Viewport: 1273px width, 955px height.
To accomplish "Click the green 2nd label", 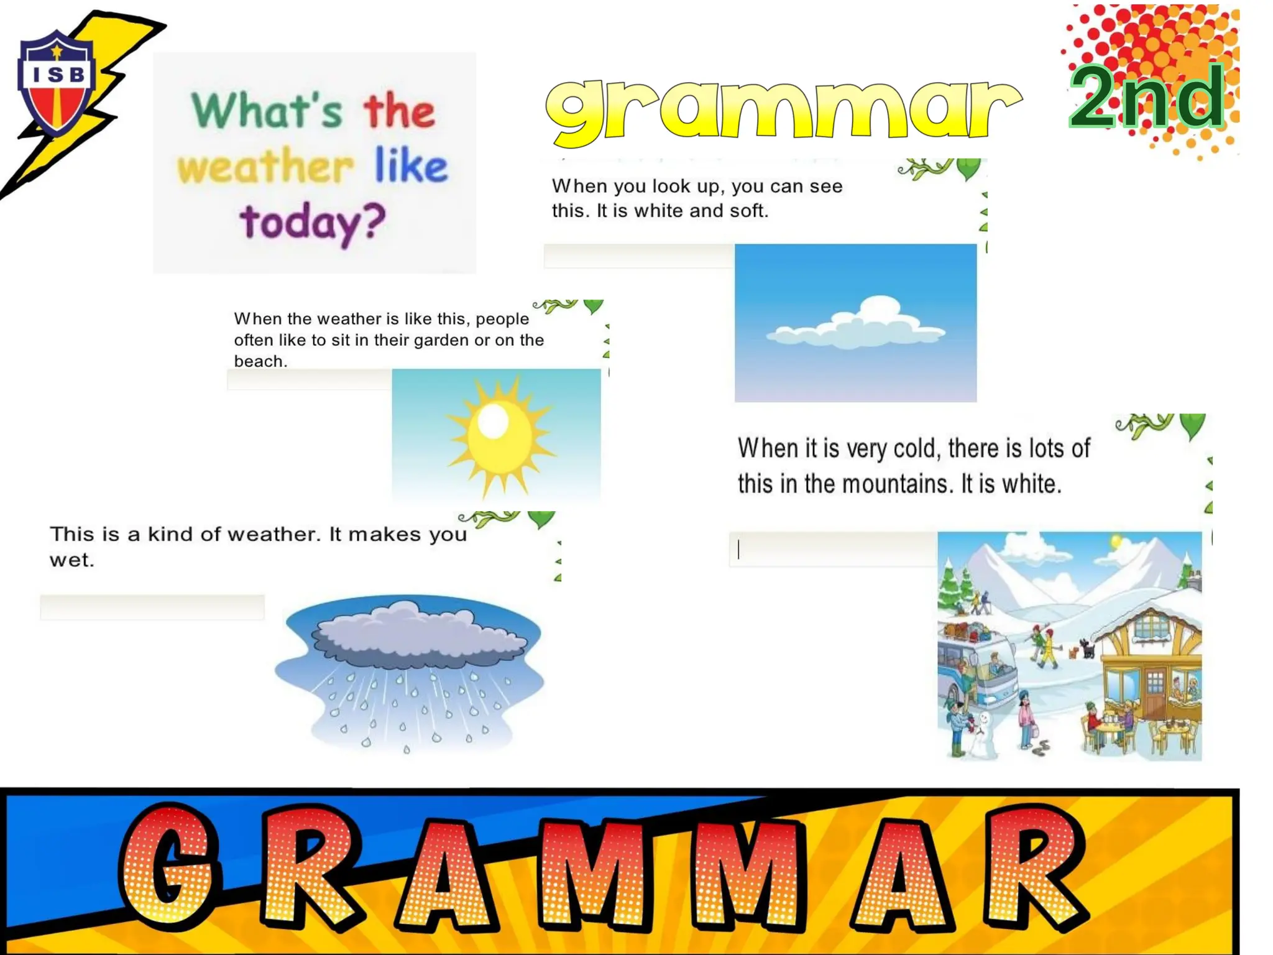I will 1146,97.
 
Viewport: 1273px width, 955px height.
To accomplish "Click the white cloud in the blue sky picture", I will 857,325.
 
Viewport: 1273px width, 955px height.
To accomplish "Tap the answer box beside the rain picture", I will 152,607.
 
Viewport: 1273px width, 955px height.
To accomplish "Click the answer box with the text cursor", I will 833,549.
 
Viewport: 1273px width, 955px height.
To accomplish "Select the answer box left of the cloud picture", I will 638,256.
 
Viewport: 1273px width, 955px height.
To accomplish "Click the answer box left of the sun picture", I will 309,379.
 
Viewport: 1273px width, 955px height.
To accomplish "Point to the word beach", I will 259,361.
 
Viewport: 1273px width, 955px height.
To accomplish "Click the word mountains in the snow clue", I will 895,484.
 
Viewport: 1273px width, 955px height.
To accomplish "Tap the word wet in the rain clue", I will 71,560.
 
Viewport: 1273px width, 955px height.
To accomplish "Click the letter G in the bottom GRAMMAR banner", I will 168,864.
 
